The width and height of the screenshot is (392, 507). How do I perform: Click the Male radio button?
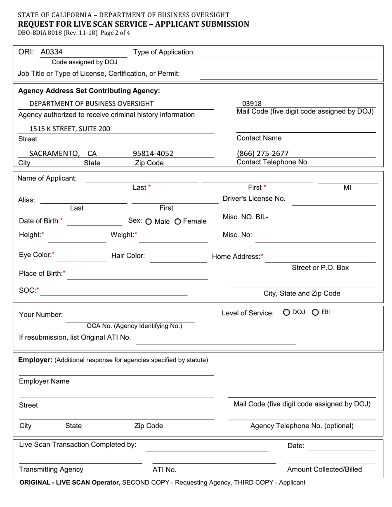(149, 222)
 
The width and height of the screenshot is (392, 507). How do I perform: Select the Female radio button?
(178, 222)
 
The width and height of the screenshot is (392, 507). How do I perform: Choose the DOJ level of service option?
(286, 312)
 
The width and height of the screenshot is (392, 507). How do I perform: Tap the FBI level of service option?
(315, 312)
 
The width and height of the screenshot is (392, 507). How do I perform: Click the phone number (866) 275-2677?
(262, 154)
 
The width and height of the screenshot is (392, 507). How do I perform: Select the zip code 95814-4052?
(153, 154)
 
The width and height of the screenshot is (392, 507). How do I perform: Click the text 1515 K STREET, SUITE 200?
(70, 129)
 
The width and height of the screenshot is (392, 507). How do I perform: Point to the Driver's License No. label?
(254, 198)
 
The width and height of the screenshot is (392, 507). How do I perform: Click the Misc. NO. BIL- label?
(246, 217)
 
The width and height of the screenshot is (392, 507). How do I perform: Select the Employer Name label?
(44, 381)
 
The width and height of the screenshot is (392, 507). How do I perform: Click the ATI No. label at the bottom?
(164, 469)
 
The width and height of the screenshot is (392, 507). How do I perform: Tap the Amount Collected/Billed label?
(324, 469)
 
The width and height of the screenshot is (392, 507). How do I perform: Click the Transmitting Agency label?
(51, 469)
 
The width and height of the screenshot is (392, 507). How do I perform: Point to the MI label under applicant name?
(347, 188)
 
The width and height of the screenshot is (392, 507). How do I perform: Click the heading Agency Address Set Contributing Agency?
(89, 90)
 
